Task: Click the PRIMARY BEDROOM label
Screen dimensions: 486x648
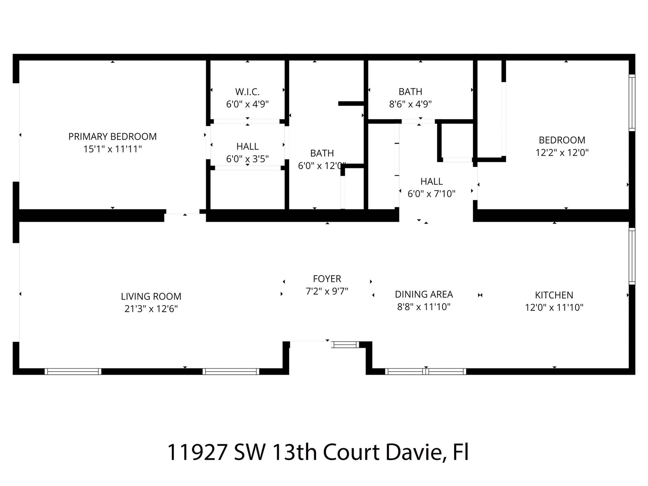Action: pos(112,137)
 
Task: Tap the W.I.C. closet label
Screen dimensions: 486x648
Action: pos(247,92)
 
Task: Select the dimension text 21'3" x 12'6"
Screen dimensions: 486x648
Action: pos(151,309)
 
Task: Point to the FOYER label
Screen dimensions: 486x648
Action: pos(327,279)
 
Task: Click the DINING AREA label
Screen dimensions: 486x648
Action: pos(424,295)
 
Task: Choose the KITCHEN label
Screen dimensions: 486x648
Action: pos(554,295)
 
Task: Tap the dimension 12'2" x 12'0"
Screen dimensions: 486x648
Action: pos(562,153)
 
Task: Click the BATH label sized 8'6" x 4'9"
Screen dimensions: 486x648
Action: pos(410,92)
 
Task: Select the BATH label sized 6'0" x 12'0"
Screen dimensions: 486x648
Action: pos(322,153)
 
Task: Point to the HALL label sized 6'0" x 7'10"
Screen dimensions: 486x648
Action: pos(431,182)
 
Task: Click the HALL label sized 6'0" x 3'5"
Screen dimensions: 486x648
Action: pos(247,146)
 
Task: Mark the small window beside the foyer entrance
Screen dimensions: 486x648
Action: pos(345,345)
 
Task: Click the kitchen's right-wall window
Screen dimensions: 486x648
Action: pos(632,256)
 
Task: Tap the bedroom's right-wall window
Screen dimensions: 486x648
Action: pos(632,103)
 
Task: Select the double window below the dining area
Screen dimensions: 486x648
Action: pos(425,371)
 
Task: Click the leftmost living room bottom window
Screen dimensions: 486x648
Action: pos(73,371)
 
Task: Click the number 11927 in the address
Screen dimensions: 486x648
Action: pos(197,452)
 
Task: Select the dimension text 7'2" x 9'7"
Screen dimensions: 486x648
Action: pos(327,291)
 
